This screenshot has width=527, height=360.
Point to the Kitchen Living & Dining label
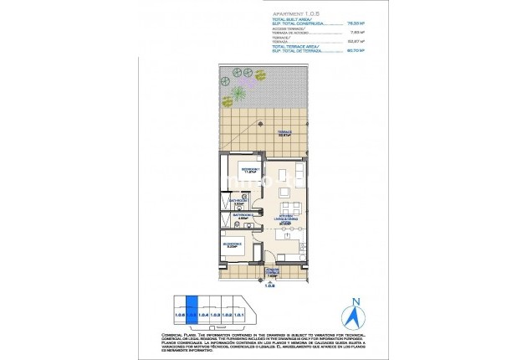(x=286, y=221)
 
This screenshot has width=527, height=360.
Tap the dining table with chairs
(x=287, y=207)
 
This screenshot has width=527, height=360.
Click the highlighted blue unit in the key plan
(x=191, y=315)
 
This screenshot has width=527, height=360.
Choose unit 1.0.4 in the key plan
(x=203, y=315)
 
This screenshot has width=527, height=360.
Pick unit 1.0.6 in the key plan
(x=178, y=315)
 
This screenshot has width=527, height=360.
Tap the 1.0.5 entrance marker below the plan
(x=269, y=285)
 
